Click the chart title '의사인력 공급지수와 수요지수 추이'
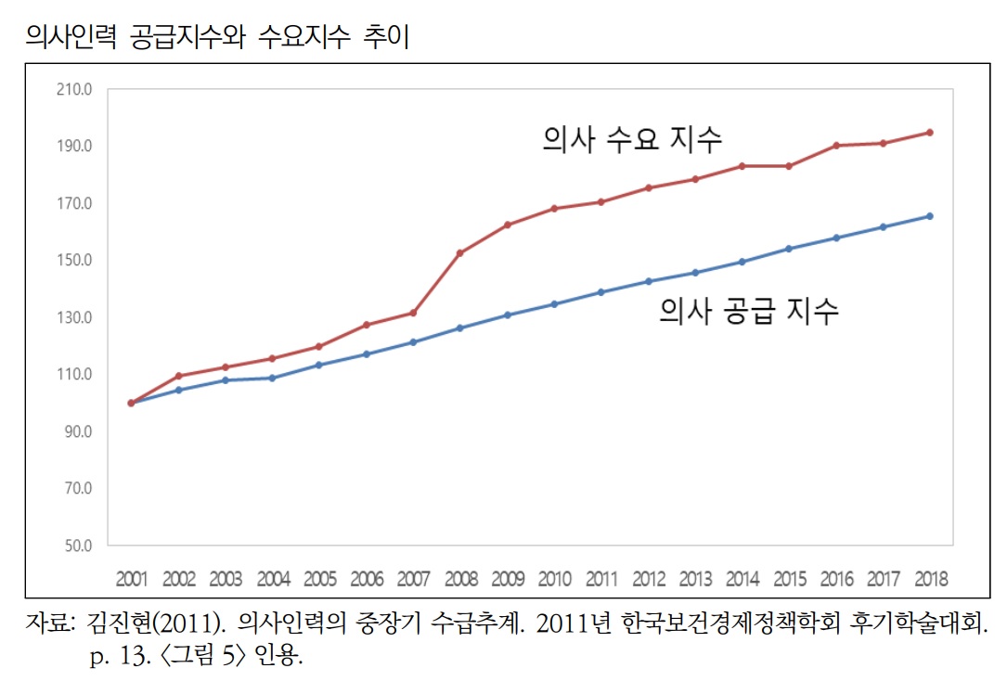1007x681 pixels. [x=218, y=37]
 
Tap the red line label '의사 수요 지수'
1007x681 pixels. [x=632, y=140]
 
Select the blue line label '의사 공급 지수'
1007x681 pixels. [x=749, y=310]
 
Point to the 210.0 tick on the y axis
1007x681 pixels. [x=75, y=90]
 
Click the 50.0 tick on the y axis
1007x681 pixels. [x=77, y=546]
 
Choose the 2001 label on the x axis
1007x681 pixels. [x=132, y=580]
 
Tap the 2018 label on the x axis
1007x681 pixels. [x=930, y=580]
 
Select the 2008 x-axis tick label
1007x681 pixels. [x=461, y=580]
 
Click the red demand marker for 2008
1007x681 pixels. [x=460, y=253]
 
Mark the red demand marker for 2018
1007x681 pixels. [x=930, y=133]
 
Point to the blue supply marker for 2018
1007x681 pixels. [x=930, y=216]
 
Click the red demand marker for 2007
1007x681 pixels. [x=413, y=313]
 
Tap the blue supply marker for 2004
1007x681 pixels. [x=272, y=378]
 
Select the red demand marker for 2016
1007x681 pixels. [x=836, y=146]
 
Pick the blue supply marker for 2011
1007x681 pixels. [x=601, y=292]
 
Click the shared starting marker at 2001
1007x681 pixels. [x=131, y=404]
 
